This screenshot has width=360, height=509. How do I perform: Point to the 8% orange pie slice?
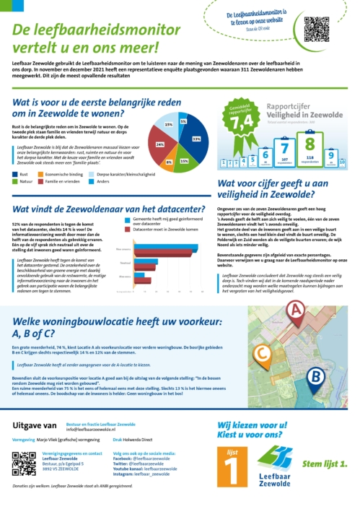[x=170, y=161]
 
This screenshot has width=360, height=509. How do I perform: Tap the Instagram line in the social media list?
[x=141, y=474]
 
